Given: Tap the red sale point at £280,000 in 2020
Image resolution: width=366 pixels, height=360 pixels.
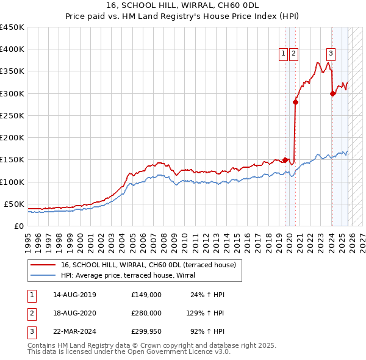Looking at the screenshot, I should (295, 103).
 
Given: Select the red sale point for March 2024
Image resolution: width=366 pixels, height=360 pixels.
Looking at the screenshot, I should (332, 93).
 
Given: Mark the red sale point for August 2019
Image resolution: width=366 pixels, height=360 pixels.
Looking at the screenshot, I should (285, 160).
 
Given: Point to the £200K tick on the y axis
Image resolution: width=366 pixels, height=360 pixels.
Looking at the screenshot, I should (12, 138).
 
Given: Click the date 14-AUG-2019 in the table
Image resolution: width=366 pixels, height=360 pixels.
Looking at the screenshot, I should (74, 295).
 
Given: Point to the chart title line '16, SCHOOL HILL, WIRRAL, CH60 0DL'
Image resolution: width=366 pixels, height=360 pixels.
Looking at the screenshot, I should (182, 6).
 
